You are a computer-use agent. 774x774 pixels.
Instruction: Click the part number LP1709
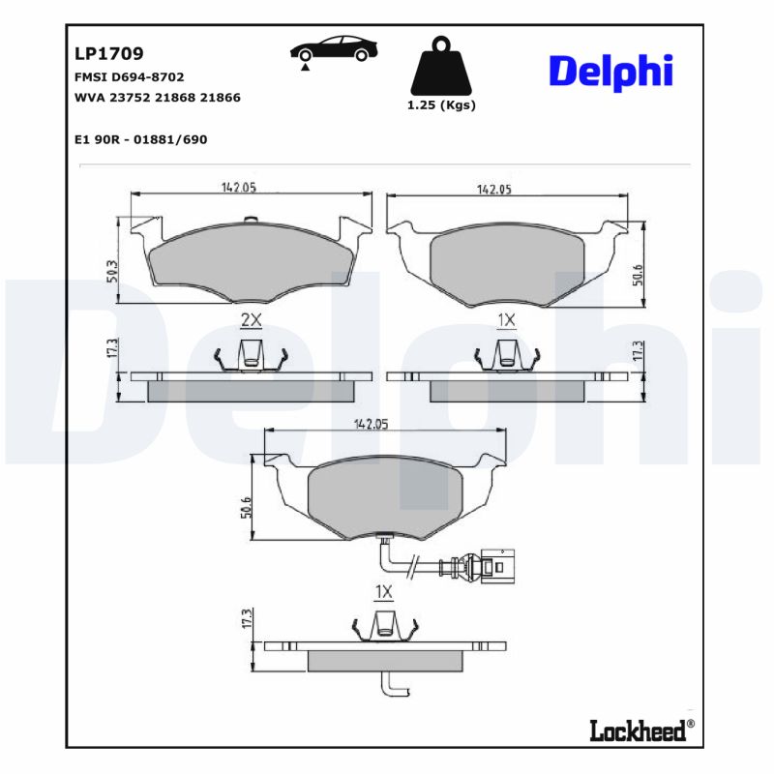point(109,54)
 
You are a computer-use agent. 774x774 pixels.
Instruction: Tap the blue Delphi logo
point(610,73)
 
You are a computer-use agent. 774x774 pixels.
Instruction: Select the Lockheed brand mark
point(641,730)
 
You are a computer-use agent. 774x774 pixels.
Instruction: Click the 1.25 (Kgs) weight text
point(442,105)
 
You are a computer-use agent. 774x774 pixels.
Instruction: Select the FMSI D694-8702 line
point(129,76)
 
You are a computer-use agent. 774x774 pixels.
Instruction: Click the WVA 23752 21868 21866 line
point(157,98)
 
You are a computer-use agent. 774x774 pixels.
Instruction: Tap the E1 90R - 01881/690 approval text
point(140,139)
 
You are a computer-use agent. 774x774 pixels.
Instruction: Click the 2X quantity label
point(251,319)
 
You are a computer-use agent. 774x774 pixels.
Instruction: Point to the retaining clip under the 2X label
point(251,355)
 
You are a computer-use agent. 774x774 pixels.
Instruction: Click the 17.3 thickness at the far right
point(637,350)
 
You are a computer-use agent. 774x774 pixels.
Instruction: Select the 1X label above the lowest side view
point(383,591)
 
